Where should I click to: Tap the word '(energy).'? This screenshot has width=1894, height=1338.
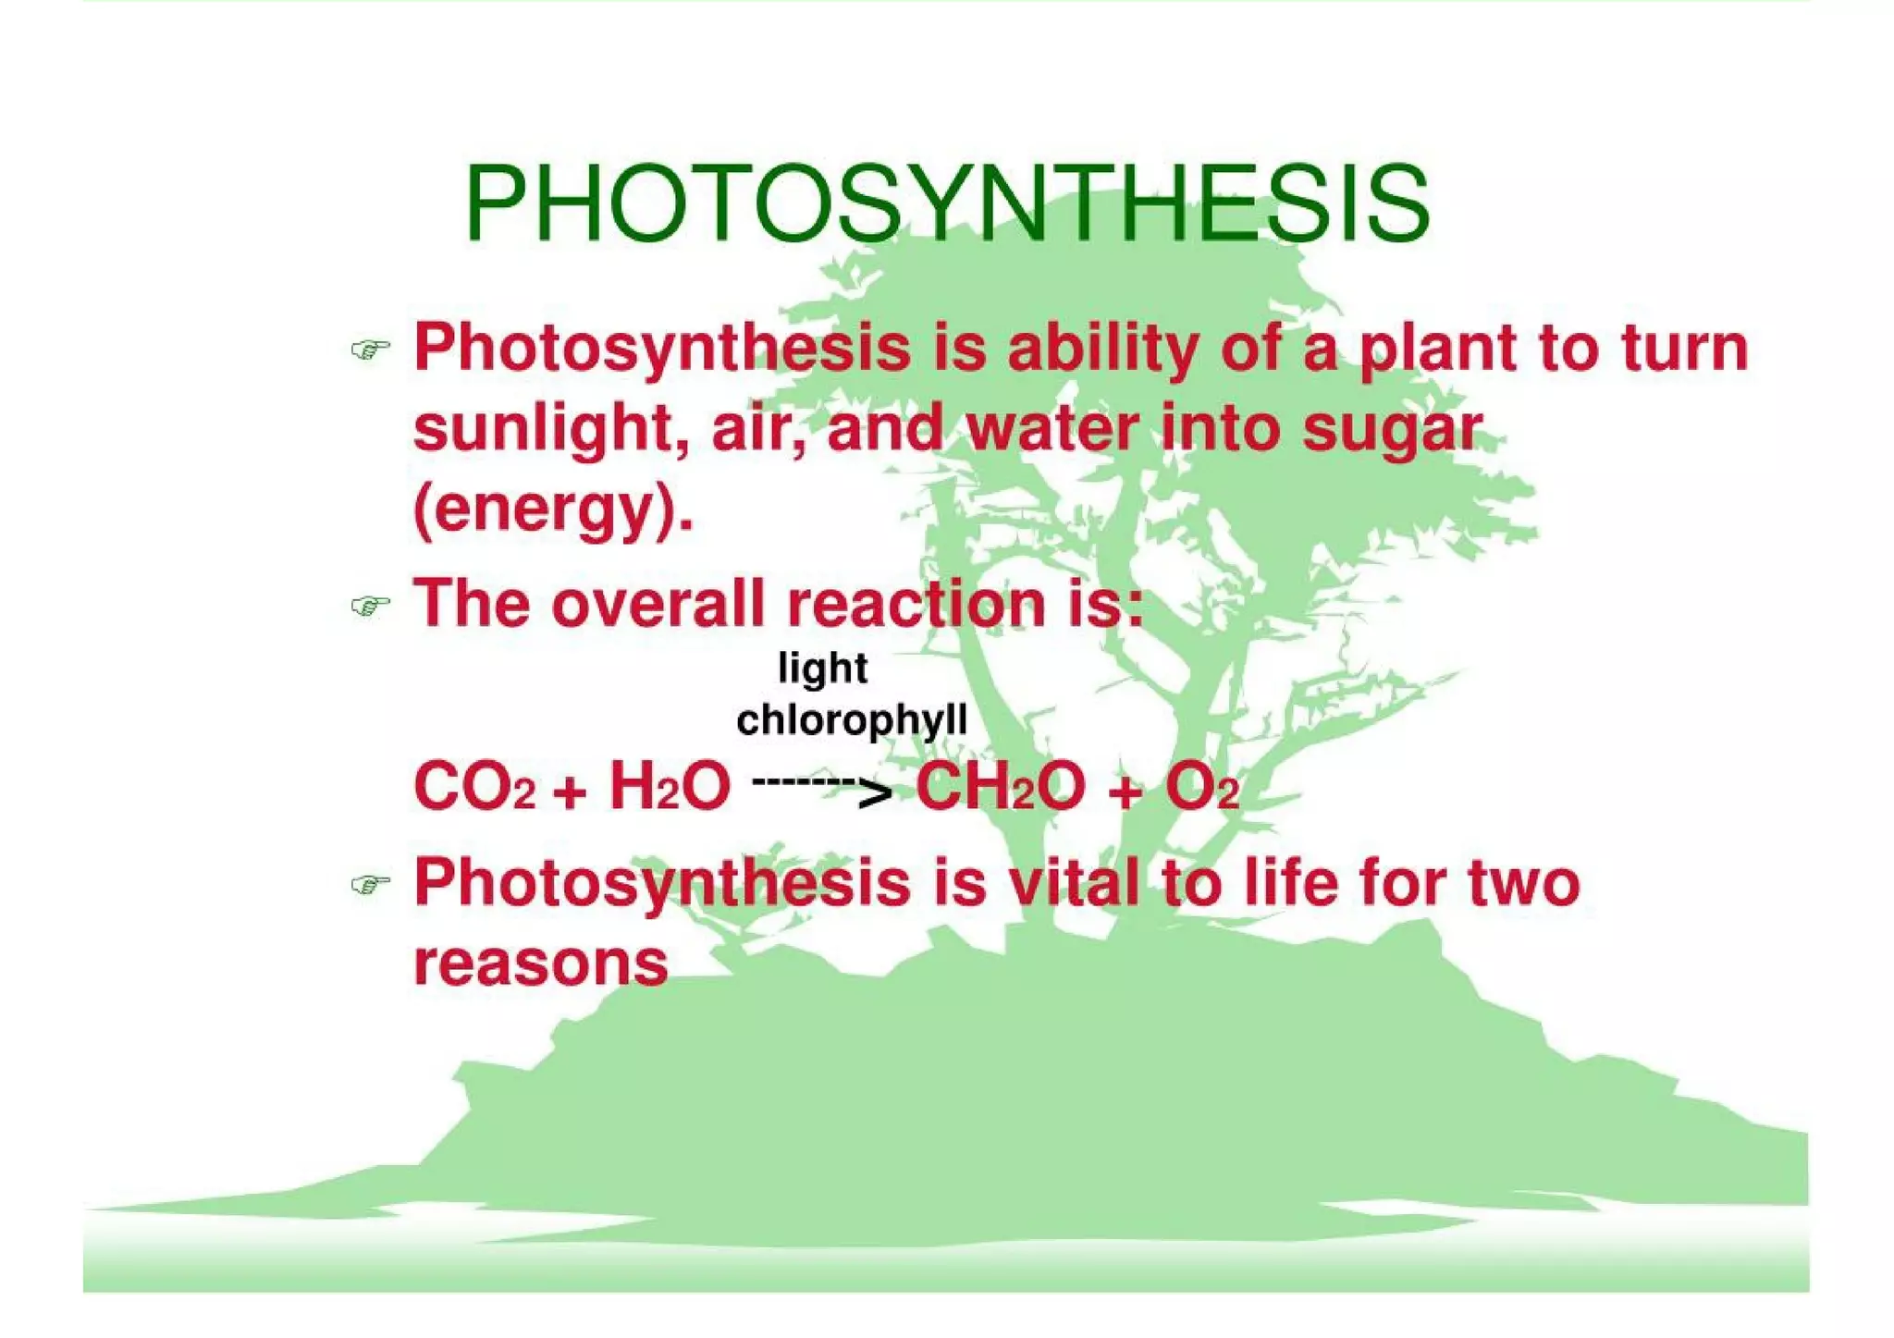(x=553, y=511)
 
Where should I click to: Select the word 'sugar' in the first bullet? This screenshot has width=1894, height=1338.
(x=1392, y=431)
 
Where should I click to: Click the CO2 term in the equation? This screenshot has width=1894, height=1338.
(x=473, y=788)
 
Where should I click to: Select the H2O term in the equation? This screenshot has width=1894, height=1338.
(x=670, y=788)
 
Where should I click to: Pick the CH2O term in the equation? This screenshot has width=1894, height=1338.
(x=1000, y=788)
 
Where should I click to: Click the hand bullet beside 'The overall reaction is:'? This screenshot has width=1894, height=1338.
(x=370, y=607)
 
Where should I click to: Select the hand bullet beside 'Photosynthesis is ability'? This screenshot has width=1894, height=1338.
(x=370, y=350)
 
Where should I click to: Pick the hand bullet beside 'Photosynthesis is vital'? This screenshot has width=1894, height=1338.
(x=370, y=885)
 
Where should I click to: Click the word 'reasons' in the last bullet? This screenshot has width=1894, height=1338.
(x=540, y=964)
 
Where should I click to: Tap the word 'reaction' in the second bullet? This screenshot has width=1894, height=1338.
(x=916, y=604)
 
